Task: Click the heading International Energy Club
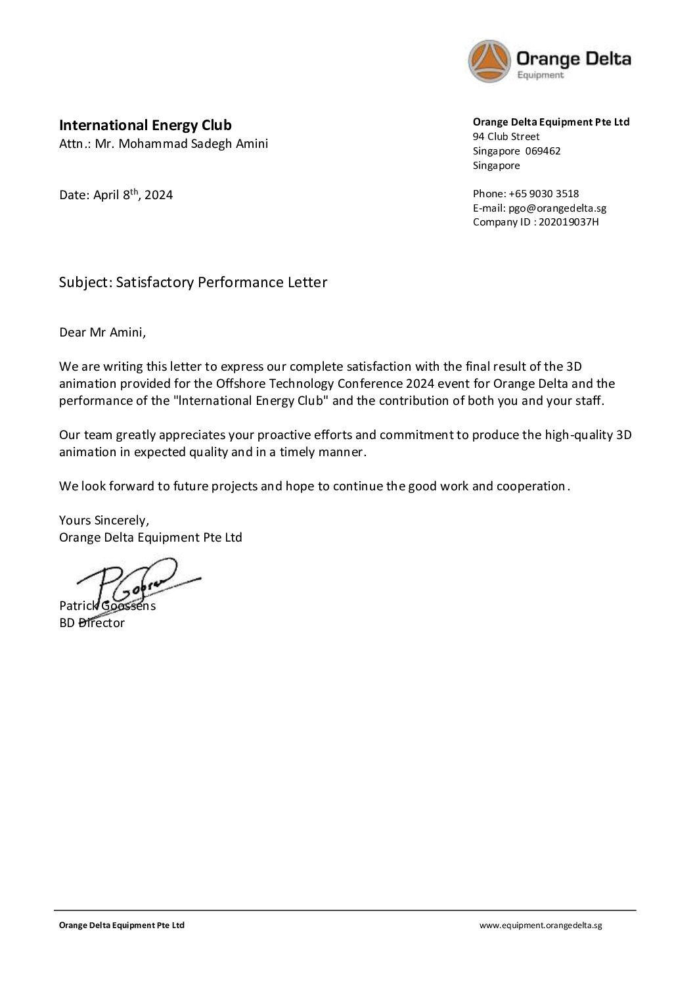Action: point(145,125)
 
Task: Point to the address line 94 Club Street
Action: point(506,137)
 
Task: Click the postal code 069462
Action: point(543,151)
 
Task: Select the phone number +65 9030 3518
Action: point(543,194)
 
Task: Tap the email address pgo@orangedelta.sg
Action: point(557,208)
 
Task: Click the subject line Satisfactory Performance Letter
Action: point(221,283)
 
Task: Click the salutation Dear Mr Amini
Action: point(102,332)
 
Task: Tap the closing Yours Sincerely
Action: point(104,520)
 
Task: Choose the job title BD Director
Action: point(92,623)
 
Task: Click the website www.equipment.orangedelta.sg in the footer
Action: point(540,925)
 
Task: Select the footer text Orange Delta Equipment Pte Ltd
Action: point(122,925)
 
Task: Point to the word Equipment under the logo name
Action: point(540,76)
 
